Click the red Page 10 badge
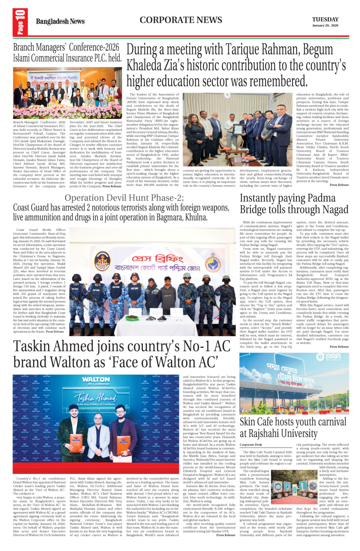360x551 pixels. click(20, 22)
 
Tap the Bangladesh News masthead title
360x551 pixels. click(60, 22)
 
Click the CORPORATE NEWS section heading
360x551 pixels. click(181, 20)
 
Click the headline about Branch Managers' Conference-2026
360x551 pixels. click(67, 53)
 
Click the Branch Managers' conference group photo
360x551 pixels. click(67, 93)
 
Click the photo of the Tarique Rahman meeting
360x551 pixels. click(238, 130)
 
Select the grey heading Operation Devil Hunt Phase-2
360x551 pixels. click(124, 198)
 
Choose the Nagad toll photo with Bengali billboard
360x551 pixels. click(294, 384)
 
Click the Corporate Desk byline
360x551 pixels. click(251, 445)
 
